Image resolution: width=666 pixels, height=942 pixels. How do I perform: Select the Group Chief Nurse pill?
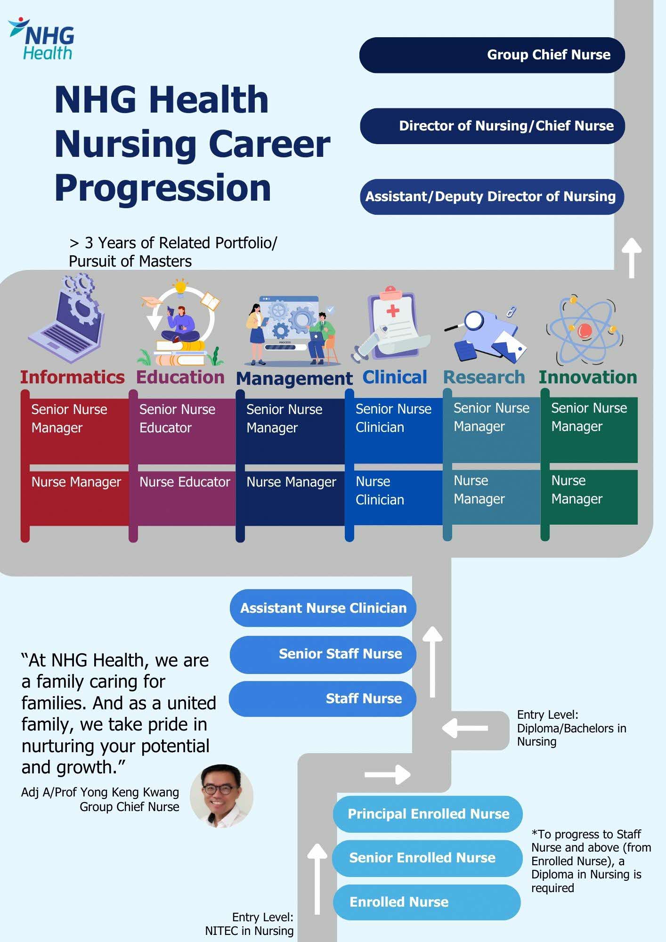[492, 55]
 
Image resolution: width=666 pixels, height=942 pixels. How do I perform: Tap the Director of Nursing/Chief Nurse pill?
[492, 126]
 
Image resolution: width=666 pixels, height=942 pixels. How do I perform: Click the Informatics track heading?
[72, 377]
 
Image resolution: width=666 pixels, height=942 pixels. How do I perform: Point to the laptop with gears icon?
[68, 320]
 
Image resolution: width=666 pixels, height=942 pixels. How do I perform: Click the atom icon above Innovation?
[585, 330]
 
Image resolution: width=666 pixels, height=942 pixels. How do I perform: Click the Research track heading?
[484, 377]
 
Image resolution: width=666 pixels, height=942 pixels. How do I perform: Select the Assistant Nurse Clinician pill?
[323, 608]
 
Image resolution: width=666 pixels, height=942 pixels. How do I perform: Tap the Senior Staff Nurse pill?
[323, 654]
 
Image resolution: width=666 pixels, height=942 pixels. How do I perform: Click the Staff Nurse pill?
[323, 698]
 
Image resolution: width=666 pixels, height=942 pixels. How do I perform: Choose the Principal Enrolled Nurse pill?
[428, 814]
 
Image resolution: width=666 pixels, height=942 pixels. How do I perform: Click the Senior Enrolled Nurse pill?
[427, 858]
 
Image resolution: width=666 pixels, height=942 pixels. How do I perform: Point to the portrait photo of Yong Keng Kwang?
[221, 796]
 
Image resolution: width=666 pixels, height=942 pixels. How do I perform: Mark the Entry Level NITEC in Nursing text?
[249, 924]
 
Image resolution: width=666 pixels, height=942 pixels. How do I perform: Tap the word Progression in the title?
[162, 188]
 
